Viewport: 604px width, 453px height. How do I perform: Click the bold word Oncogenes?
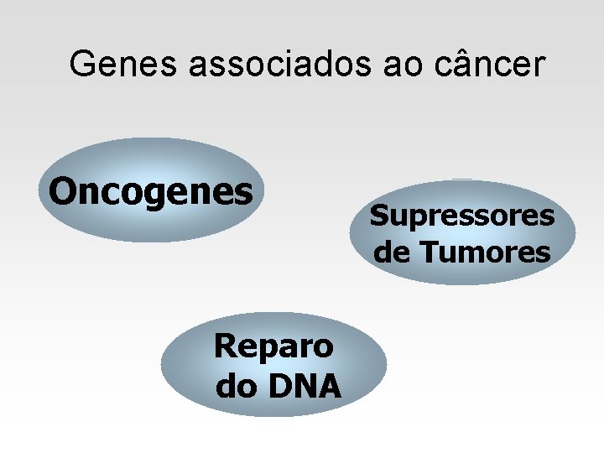pyautogui.click(x=151, y=191)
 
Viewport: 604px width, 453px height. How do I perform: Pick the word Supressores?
pyautogui.click(x=462, y=216)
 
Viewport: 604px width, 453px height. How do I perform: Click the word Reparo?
pyautogui.click(x=274, y=346)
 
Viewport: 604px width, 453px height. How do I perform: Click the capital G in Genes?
pyautogui.click(x=83, y=64)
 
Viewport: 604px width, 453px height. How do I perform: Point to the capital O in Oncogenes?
pyautogui.click(x=60, y=190)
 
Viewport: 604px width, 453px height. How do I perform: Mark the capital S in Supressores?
pyautogui.click(x=378, y=216)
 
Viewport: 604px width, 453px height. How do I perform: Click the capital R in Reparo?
pyautogui.click(x=224, y=344)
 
